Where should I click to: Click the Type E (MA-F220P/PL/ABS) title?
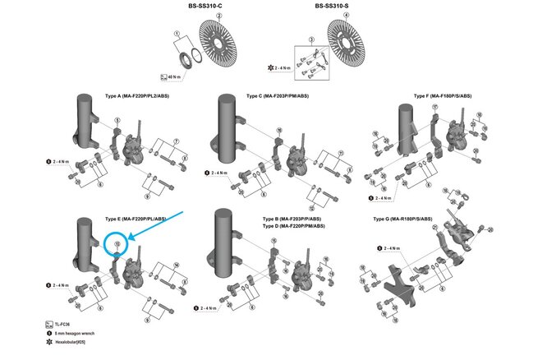coord(136,219)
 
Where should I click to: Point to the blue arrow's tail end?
coord(191,211)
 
